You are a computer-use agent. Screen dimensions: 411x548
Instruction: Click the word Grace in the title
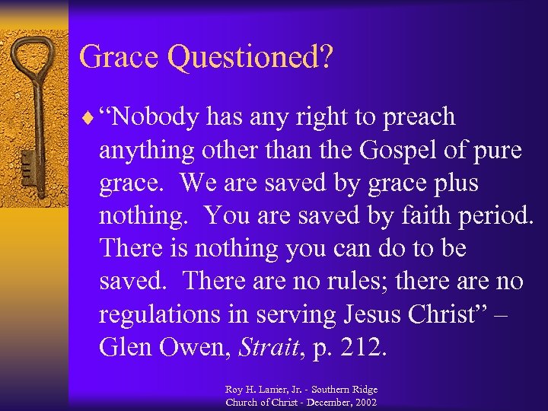[121, 57]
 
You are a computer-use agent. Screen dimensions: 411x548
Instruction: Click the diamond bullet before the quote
[91, 119]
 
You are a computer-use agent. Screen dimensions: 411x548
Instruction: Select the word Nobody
[156, 118]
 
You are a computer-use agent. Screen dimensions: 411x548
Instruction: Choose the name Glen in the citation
[127, 347]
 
